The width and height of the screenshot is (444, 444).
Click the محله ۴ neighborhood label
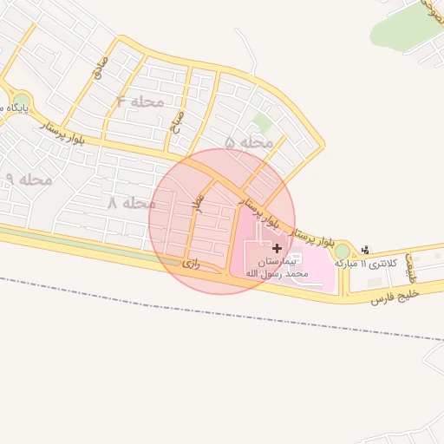pos(140,101)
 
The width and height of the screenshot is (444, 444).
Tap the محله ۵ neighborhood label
pos(249,141)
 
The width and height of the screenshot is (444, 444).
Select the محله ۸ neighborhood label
pos(131,203)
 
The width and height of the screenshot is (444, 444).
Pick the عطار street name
pos(199,203)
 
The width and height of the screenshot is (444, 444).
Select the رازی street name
pos(191,263)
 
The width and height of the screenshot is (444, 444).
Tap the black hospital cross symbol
pos(277,248)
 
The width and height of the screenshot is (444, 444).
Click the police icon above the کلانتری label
pos(364,250)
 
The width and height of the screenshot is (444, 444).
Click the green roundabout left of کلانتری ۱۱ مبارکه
pos(343,251)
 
